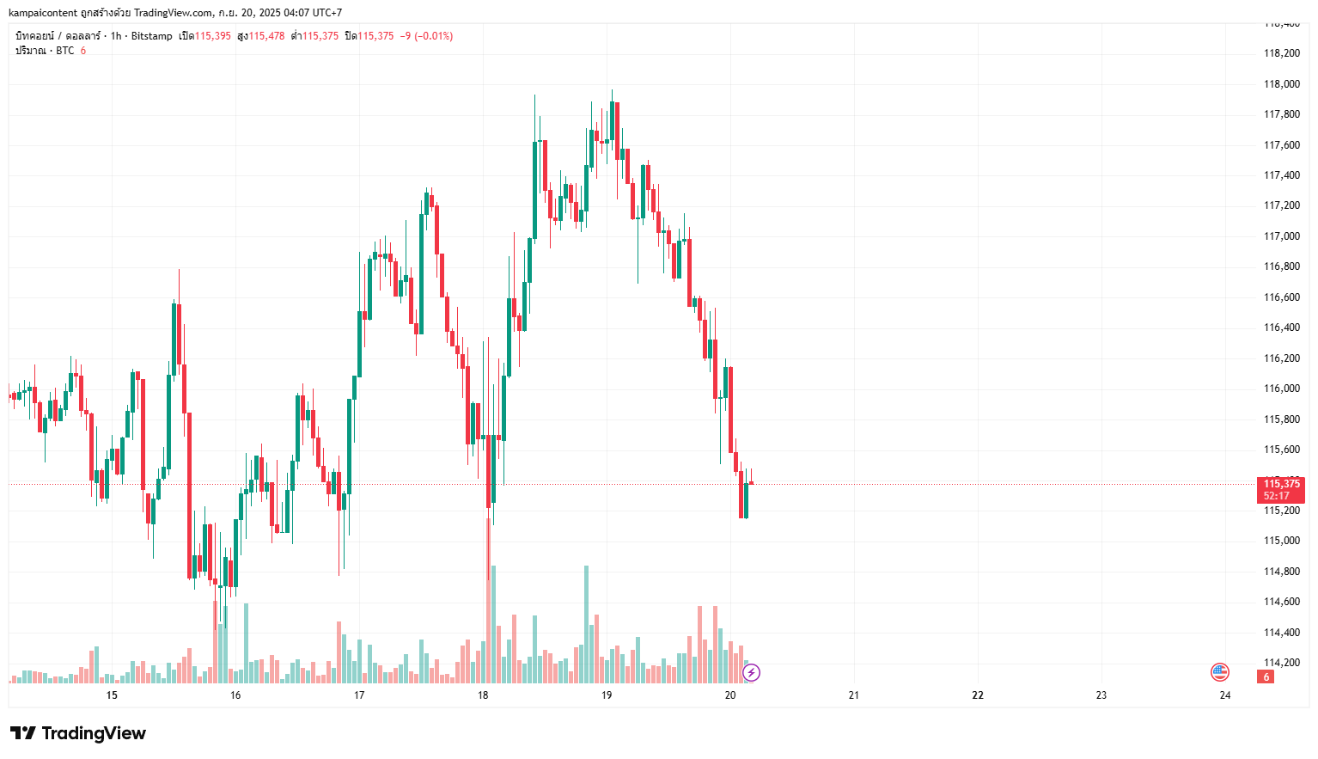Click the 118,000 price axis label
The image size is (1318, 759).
coord(1281,84)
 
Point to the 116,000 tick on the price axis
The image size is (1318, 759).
coord(1281,389)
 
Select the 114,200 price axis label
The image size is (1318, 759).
coord(1281,663)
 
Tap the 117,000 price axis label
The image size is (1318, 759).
coord(1281,236)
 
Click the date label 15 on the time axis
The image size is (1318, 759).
coord(112,695)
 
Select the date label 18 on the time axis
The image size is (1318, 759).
coord(483,695)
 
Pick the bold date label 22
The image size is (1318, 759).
coord(978,695)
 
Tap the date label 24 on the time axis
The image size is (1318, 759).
coord(1225,695)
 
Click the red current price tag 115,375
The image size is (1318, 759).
coord(1281,484)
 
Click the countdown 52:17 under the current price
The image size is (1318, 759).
coord(1277,496)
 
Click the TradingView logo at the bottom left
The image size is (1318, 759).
coord(78,733)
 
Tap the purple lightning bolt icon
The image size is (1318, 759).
coord(751,672)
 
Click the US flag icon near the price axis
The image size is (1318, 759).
coord(1220,672)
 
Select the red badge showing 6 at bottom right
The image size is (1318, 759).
coord(1266,677)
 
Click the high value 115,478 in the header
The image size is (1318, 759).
coord(266,36)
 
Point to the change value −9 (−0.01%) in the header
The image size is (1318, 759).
coord(426,36)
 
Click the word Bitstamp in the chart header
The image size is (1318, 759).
coord(151,36)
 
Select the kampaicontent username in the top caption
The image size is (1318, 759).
coord(43,13)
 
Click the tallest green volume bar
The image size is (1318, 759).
coord(587,623)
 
